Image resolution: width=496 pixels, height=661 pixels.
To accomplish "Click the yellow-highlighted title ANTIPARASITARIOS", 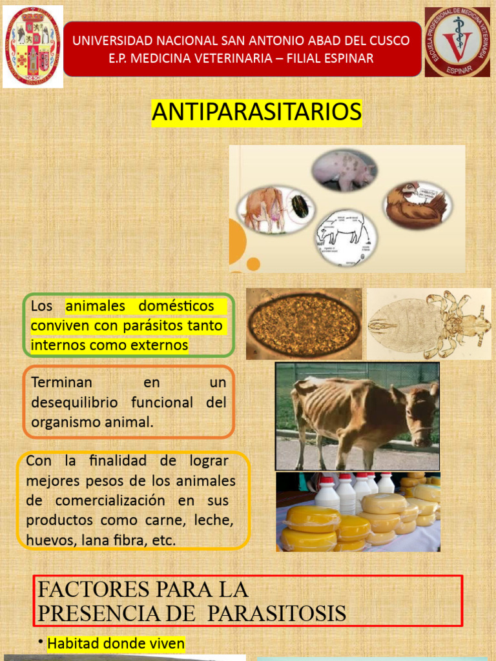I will coord(256,112).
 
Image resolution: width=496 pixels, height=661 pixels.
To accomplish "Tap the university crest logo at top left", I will coord(33,46).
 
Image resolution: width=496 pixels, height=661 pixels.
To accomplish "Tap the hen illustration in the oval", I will coord(416,204).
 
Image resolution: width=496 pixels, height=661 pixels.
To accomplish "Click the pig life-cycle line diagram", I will coord(342,238).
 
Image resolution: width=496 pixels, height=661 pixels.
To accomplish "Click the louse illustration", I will coord(429,323).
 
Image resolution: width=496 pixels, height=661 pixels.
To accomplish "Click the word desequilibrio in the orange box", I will coord(75,402).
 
